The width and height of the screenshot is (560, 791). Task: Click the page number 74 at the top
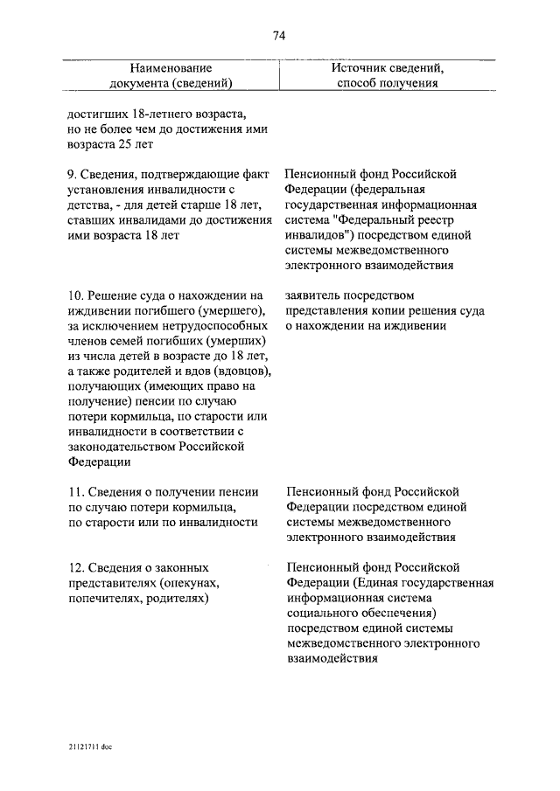(279, 36)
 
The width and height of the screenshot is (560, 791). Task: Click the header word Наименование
(171, 67)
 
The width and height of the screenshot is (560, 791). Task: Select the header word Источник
(360, 67)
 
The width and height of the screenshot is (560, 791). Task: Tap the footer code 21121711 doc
(88, 747)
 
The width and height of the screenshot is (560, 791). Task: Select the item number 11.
(74, 491)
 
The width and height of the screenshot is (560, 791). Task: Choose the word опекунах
(190, 584)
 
